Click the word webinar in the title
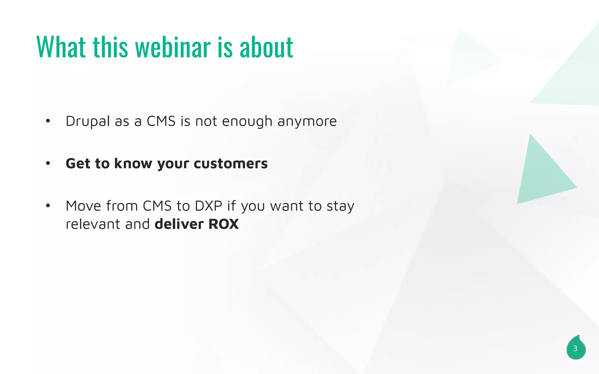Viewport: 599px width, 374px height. [x=173, y=47]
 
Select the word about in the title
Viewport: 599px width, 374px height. [x=266, y=47]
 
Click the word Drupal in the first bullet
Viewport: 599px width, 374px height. [x=88, y=122]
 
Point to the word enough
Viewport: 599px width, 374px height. [x=247, y=122]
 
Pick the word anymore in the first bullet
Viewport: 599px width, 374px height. [x=307, y=122]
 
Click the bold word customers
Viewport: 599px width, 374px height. [x=230, y=164]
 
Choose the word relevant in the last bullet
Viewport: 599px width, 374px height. [x=93, y=224]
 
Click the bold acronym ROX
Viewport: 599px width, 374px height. [x=223, y=224]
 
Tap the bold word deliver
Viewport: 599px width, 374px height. [x=179, y=224]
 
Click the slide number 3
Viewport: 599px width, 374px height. [x=575, y=349]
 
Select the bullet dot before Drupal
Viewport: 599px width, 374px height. [x=48, y=121]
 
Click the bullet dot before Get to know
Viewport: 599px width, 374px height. [x=48, y=163]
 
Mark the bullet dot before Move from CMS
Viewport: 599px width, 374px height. [x=48, y=206]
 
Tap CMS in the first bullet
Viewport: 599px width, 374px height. [x=161, y=122]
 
